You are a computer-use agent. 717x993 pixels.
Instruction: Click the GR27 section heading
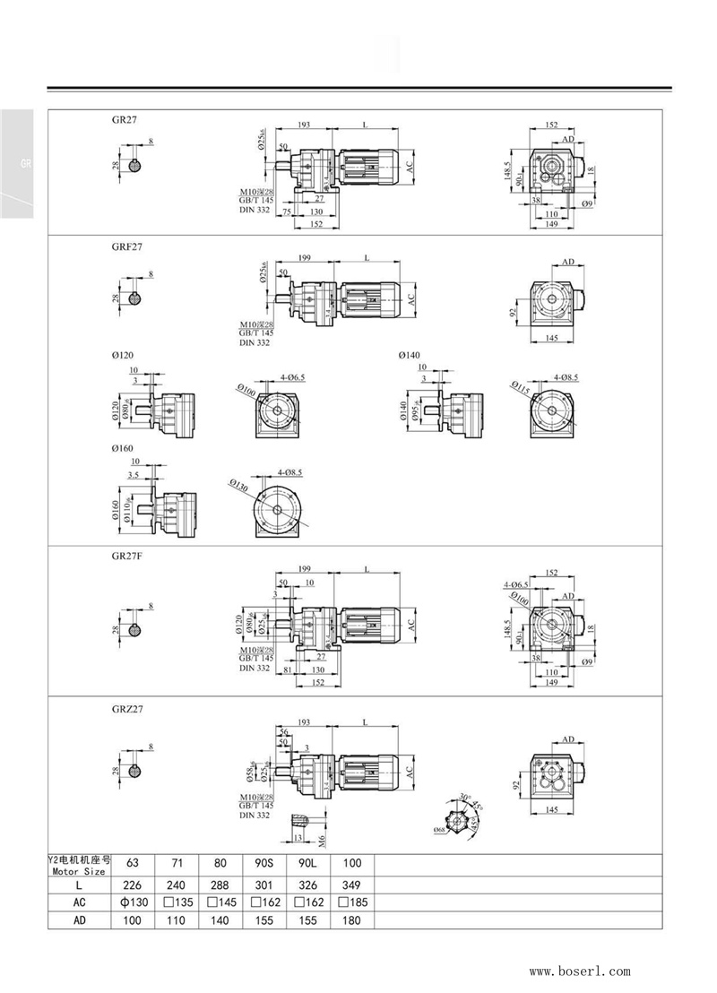point(124,117)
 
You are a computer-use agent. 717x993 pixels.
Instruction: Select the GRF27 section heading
point(126,244)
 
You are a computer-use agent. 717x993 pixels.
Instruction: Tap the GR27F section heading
point(126,556)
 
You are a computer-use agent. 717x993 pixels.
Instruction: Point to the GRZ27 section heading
point(126,707)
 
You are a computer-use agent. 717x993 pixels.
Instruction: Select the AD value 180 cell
point(352,920)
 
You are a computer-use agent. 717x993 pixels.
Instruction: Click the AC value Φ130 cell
point(133,902)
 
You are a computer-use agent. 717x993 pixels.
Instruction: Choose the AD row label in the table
point(79,920)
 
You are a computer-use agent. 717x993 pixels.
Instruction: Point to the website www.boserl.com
point(580,971)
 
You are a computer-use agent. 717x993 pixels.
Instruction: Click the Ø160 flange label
point(122,447)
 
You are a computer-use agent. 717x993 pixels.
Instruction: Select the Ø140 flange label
point(409,356)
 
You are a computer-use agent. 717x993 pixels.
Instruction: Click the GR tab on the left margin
point(26,164)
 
